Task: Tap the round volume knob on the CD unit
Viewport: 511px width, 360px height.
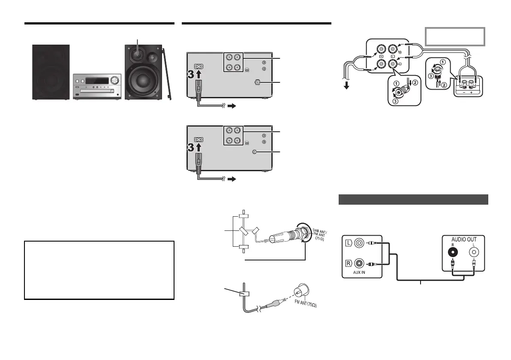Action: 114,80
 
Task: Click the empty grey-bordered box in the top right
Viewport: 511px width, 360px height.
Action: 455,36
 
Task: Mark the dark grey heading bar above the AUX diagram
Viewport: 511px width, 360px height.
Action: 414,200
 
